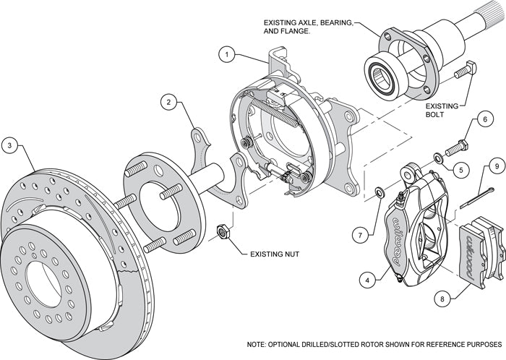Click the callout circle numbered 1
(x=227, y=53)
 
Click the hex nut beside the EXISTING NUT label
(x=224, y=233)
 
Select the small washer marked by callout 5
(x=438, y=157)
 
